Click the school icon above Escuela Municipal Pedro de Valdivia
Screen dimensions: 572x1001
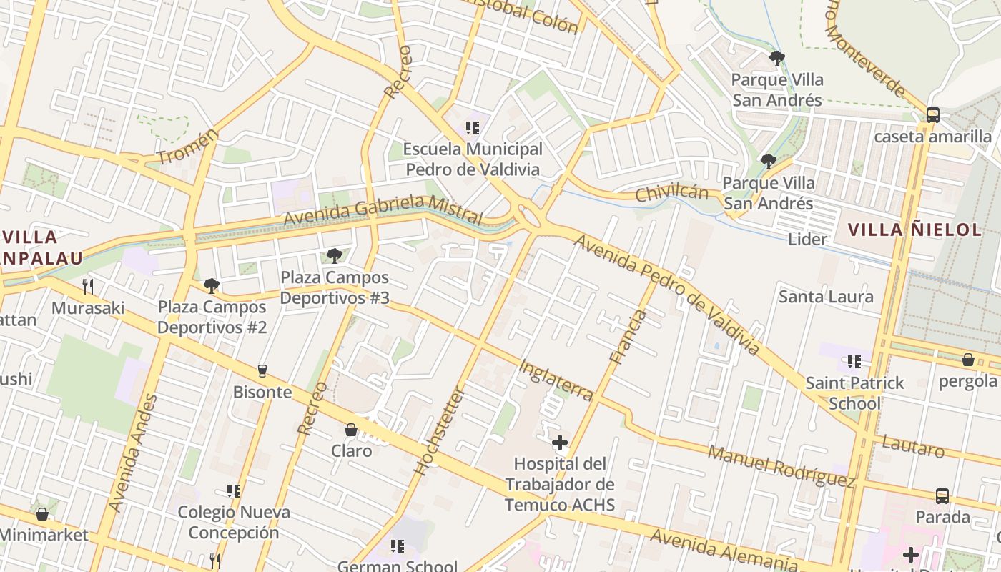[472, 128]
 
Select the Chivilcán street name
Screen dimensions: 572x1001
[671, 192]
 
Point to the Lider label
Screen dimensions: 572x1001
[807, 239]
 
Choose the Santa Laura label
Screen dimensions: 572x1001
[826, 296]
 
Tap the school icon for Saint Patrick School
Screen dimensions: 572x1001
[854, 362]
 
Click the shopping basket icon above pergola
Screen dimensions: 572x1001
[968, 359]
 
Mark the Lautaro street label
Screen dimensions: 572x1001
[913, 446]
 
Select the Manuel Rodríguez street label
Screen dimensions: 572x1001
[781, 466]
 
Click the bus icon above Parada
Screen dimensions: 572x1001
[942, 495]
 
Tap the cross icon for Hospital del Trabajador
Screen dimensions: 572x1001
[560, 443]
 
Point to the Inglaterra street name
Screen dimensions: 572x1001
[556, 380]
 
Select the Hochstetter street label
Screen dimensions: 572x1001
[440, 431]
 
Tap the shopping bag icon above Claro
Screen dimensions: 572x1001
[351, 430]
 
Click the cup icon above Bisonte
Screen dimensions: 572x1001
[262, 370]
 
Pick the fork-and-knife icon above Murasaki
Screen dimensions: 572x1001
[88, 287]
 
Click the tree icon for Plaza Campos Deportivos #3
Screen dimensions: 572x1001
[334, 255]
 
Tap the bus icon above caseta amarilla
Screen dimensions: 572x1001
[932, 115]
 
